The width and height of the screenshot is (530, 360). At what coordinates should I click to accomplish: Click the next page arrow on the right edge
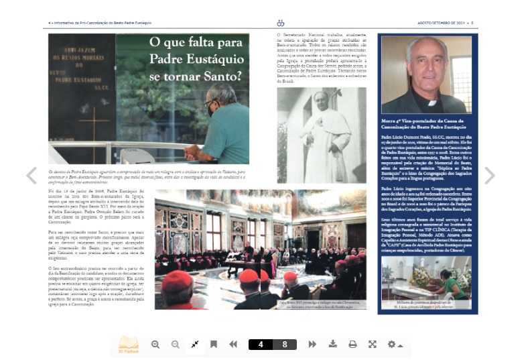tap(490, 176)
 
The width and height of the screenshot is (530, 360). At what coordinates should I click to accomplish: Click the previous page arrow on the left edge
tap(31, 176)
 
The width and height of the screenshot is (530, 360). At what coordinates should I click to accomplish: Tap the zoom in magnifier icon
tap(155, 345)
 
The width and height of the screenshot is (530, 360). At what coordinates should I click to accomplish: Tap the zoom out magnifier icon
tap(176, 345)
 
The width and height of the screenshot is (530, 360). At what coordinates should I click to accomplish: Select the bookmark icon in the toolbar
tap(213, 345)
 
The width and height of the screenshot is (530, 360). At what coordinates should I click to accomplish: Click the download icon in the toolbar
tap(332, 345)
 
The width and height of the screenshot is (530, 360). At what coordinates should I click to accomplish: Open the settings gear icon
tap(392, 345)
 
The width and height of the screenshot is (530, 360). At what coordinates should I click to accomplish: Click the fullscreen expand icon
tap(372, 345)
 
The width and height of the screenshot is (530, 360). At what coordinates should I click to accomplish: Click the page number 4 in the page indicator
tap(261, 345)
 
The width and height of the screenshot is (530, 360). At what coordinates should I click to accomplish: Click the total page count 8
tap(285, 345)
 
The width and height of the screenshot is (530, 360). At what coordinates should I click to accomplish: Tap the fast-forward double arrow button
tap(312, 345)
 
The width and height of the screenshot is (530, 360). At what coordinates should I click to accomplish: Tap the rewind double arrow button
tap(233, 345)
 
